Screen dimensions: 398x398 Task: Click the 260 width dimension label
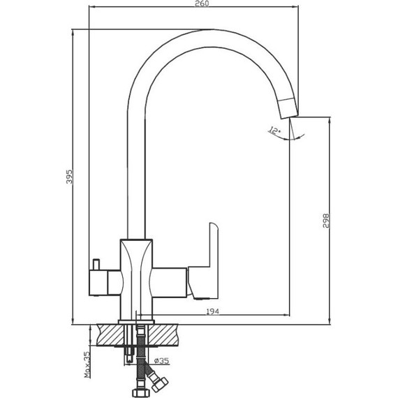point(202,3)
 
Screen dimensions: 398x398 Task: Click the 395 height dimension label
point(69,177)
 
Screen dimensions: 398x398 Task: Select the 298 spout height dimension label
point(326,221)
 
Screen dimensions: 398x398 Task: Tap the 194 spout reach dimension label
point(212,311)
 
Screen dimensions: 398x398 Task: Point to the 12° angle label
point(274,131)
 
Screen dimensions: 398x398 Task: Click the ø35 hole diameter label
point(161,360)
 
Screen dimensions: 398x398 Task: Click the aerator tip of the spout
point(288,109)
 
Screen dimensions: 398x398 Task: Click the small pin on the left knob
point(96,265)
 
